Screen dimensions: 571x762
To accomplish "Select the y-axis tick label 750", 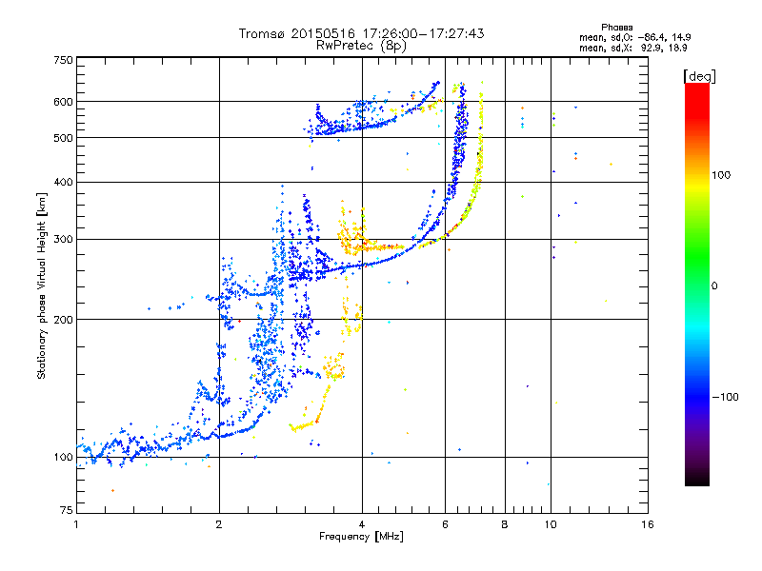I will point(64,60).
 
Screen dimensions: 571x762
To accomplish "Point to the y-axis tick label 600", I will point(64,101).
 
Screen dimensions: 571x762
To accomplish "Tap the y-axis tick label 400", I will point(64,182).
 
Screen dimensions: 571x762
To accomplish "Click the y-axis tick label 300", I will point(64,238).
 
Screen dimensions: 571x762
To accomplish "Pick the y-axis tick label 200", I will point(64,319).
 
